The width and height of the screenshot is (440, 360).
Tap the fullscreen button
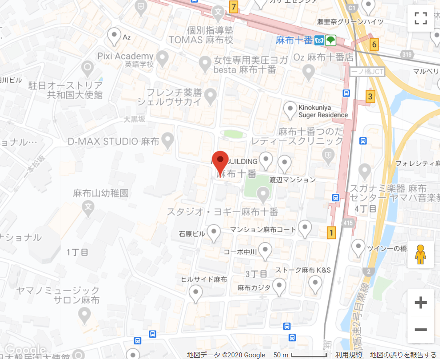[x=420, y=18]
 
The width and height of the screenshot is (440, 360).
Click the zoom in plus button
[x=420, y=303]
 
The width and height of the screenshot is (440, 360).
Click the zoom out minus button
[x=420, y=330]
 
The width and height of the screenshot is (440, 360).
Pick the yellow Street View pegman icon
[x=420, y=255]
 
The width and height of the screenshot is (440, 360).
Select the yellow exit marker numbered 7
[x=233, y=7]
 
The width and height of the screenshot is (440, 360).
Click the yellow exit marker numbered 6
[x=374, y=44]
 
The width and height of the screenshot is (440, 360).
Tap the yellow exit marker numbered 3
[x=370, y=96]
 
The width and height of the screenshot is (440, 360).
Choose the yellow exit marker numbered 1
[x=330, y=232]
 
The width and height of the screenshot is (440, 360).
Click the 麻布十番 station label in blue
[x=294, y=40]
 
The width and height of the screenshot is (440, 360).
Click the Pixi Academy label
[x=125, y=56]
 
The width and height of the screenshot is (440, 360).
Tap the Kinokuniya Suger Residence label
[x=323, y=111]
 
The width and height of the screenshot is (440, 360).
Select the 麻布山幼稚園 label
[x=101, y=193]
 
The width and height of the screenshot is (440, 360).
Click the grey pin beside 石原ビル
[x=214, y=232]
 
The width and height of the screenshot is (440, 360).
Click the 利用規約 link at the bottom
[x=348, y=355]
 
